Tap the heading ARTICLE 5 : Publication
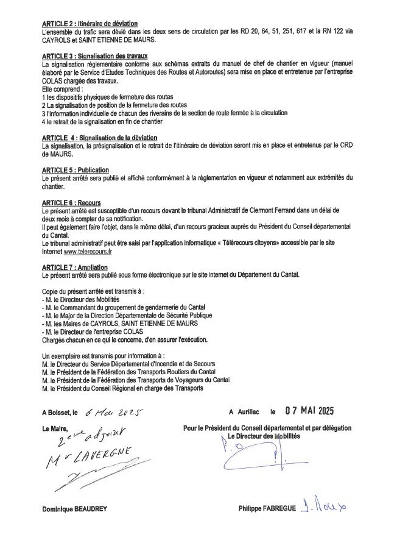(x=76, y=169)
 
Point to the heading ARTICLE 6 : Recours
(x=72, y=202)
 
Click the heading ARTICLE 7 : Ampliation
(x=75, y=267)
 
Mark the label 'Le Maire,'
(x=55, y=428)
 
